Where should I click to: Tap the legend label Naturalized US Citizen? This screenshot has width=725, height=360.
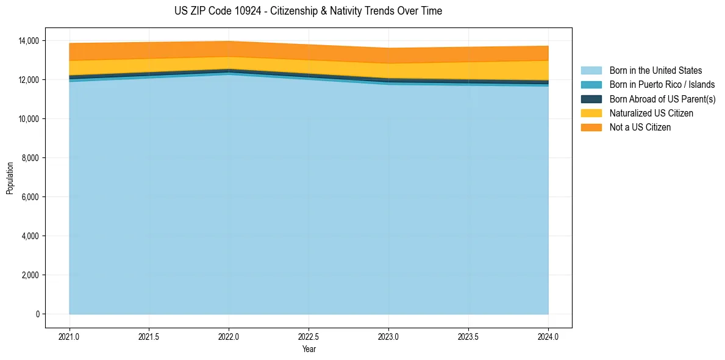(651, 113)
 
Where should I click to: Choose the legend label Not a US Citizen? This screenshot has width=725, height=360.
(640, 128)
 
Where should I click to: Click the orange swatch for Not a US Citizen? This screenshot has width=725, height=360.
(591, 128)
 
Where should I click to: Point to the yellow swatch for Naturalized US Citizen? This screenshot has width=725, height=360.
(591, 113)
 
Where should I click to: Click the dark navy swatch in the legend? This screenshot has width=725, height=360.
(591, 99)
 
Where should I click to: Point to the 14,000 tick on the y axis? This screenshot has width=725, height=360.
(28, 41)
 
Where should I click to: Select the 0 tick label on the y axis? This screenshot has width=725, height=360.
(37, 314)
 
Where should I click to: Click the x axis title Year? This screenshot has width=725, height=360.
(309, 349)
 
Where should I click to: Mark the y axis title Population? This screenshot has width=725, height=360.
(10, 178)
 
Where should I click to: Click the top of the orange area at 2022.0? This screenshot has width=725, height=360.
(229, 41)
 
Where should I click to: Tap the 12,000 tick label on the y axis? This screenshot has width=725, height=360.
(28, 80)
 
